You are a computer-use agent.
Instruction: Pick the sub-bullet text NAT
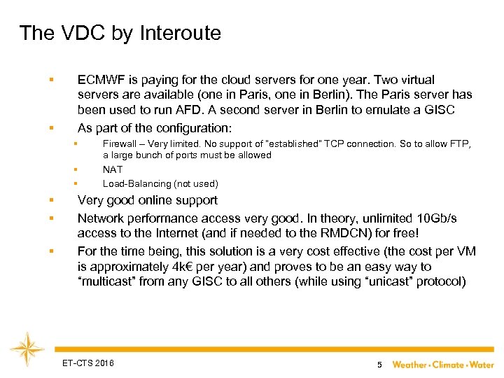113,169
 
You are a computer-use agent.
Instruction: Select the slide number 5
379,365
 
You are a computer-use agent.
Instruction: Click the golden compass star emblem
28,348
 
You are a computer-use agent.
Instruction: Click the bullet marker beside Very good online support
51,201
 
